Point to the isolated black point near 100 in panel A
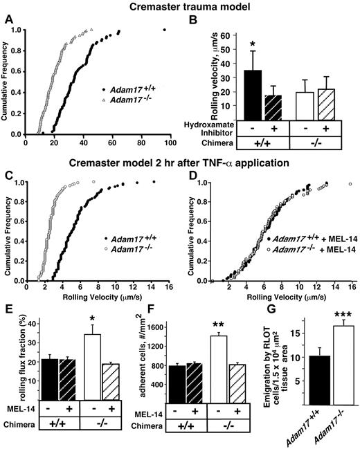click(x=164, y=30)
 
